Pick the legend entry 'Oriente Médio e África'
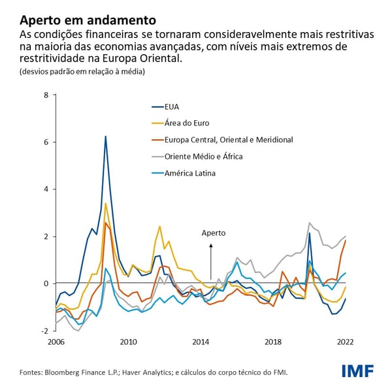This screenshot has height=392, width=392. pos(203,157)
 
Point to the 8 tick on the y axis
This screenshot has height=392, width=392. pos(46,95)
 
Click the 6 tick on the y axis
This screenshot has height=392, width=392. pos(46,142)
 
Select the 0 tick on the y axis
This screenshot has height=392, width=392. pos(46,284)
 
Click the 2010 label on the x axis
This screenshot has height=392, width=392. pos(128,342)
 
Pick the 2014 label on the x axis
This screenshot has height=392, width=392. pos(201,342)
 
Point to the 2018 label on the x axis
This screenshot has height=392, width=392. pos(273,342)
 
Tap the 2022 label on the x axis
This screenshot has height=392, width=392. pos(346,342)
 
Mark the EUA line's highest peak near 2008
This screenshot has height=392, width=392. pos(105,137)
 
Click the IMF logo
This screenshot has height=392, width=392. pos(357,371)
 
